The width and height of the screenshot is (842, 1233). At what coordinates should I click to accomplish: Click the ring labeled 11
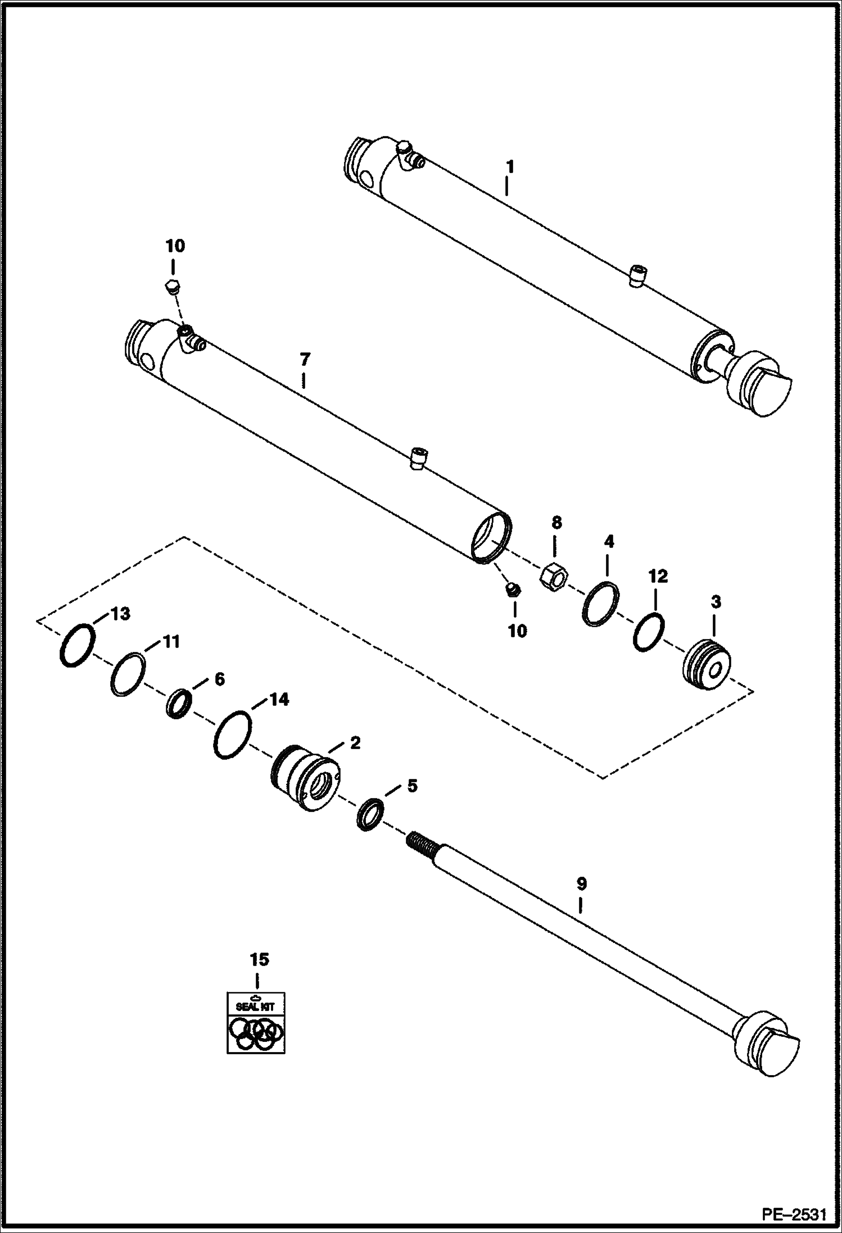[x=129, y=674]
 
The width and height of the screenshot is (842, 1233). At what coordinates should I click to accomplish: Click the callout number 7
[x=304, y=359]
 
